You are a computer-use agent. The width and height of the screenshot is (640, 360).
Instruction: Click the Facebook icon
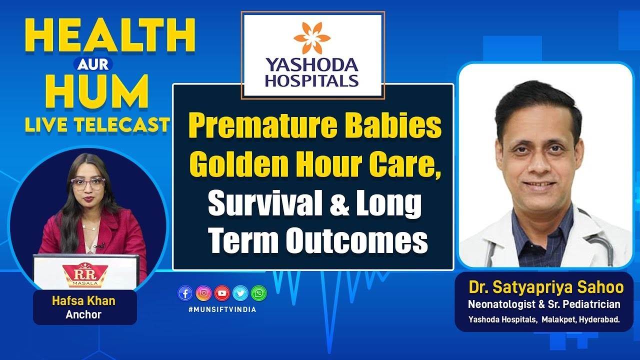185,293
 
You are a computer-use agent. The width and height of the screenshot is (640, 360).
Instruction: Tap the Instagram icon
203,293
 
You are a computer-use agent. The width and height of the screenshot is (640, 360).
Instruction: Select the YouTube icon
222,293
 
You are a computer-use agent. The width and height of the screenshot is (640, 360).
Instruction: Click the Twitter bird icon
240,293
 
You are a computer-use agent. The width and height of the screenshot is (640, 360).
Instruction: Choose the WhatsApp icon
259,293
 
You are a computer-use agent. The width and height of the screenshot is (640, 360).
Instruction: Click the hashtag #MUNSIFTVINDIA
222,309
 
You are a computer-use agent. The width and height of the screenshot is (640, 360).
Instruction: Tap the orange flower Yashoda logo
312,38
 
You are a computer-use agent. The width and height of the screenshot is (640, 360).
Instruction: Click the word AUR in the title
93,64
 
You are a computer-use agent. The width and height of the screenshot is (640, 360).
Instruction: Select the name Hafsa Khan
83,301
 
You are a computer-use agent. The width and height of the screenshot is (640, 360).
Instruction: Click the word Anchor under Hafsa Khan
83,314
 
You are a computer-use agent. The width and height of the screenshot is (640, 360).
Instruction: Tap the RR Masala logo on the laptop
85,274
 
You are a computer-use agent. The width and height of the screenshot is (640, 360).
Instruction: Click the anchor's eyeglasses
88,183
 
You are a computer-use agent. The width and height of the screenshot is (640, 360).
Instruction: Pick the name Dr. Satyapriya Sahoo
546,287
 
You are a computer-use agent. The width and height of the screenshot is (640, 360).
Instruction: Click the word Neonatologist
501,304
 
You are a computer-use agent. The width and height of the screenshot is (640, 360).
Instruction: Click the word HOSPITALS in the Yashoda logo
312,80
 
